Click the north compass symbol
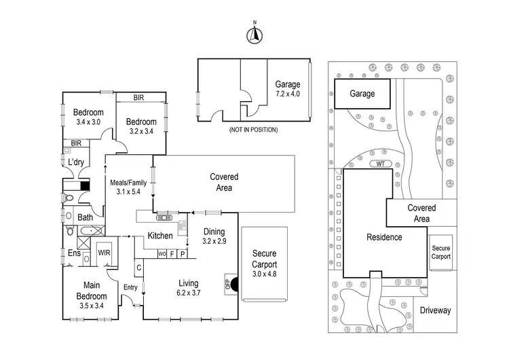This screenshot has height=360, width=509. point(254,35)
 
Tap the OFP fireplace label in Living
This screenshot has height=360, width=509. point(227,285)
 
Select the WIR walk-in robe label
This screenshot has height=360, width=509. point(104,253)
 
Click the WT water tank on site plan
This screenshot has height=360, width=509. point(381,164)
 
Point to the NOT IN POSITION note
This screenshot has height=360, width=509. point(254,130)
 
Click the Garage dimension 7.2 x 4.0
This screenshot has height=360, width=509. point(288,94)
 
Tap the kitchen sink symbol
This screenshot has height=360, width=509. point(164,217)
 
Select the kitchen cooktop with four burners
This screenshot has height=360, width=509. point(183,225)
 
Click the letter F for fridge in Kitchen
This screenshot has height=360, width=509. point(172,254)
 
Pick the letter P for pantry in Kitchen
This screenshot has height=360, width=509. point(183,254)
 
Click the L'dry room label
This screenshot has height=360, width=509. point(76,162)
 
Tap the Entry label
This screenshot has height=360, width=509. point(130,287)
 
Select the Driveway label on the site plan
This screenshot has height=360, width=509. point(435,310)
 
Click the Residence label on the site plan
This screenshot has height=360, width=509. point(384,237)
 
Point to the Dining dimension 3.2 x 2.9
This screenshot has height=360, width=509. point(214,241)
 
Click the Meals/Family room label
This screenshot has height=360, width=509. point(128,183)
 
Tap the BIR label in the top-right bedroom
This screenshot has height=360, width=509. point(138,98)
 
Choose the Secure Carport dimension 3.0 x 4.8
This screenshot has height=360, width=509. point(265,274)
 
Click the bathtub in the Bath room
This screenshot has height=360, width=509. point(91,231)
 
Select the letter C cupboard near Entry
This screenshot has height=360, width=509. point(139,268)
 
